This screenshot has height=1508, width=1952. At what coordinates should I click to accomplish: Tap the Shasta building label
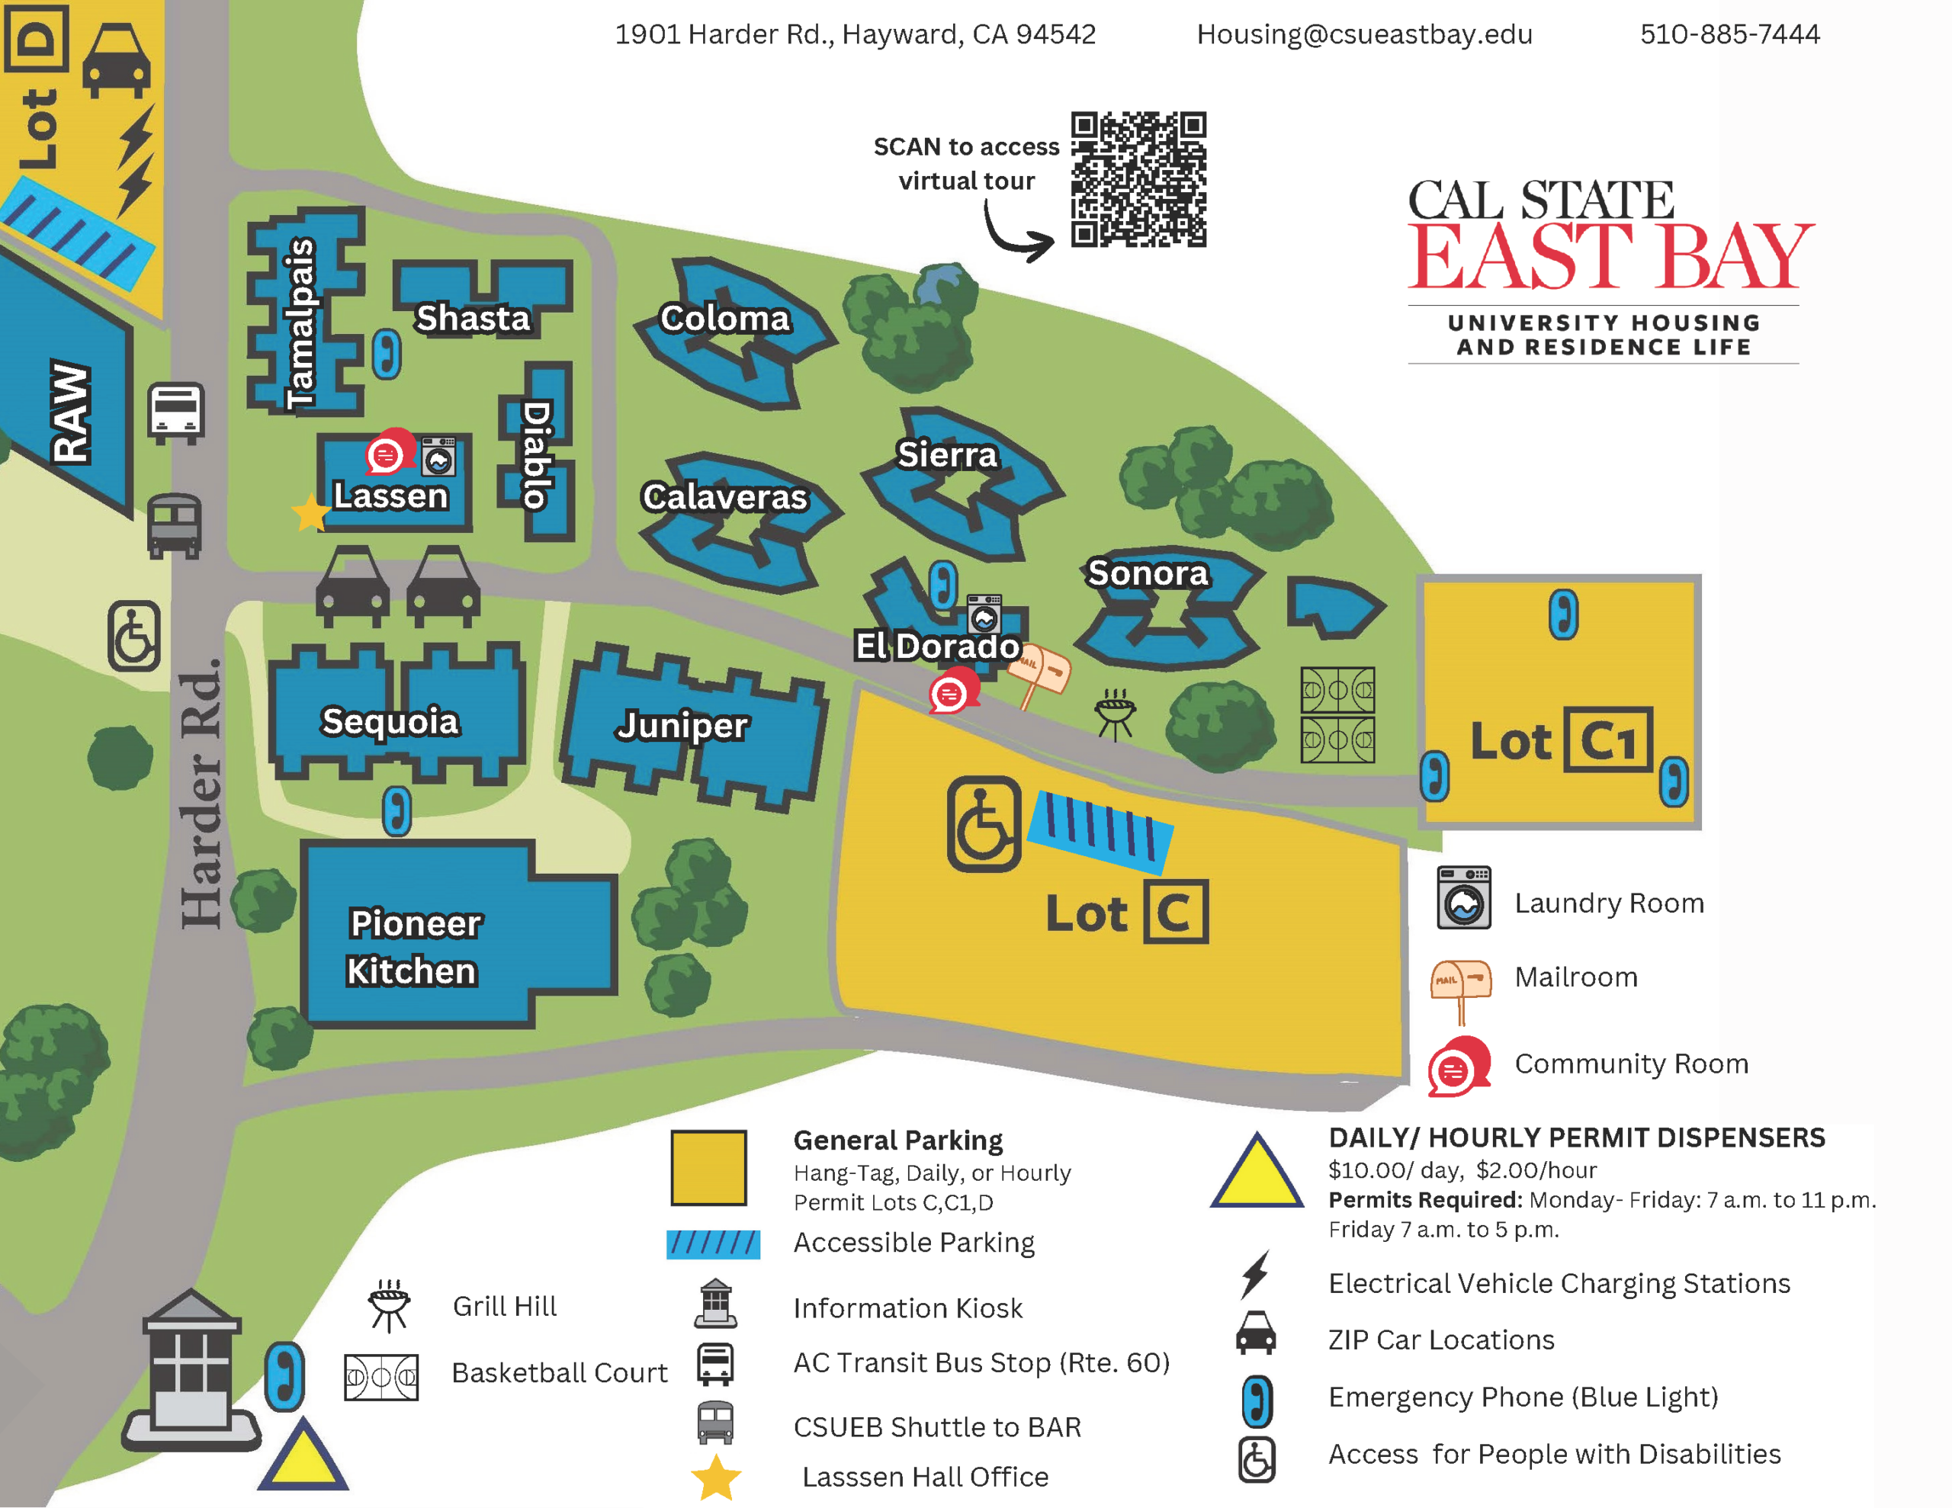point(473,318)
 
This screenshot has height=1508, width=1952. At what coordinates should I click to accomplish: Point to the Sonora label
point(1148,573)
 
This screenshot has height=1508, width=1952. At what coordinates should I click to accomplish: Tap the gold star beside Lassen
point(311,512)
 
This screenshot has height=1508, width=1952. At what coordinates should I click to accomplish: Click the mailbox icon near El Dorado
point(1039,670)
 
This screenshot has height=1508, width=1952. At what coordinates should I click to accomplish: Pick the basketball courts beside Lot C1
point(1337,715)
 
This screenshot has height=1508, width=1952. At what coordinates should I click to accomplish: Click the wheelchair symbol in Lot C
point(983,824)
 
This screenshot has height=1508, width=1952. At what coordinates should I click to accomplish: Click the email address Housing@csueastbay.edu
point(1364,35)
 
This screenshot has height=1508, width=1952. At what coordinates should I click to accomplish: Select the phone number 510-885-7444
point(1729,35)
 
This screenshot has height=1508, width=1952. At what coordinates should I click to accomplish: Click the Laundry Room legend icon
point(1463,898)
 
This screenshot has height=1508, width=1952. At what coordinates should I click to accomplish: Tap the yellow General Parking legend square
point(709,1167)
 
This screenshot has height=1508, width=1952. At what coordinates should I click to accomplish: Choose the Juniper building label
point(682,725)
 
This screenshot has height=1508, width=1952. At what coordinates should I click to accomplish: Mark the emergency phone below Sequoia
point(396,810)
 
